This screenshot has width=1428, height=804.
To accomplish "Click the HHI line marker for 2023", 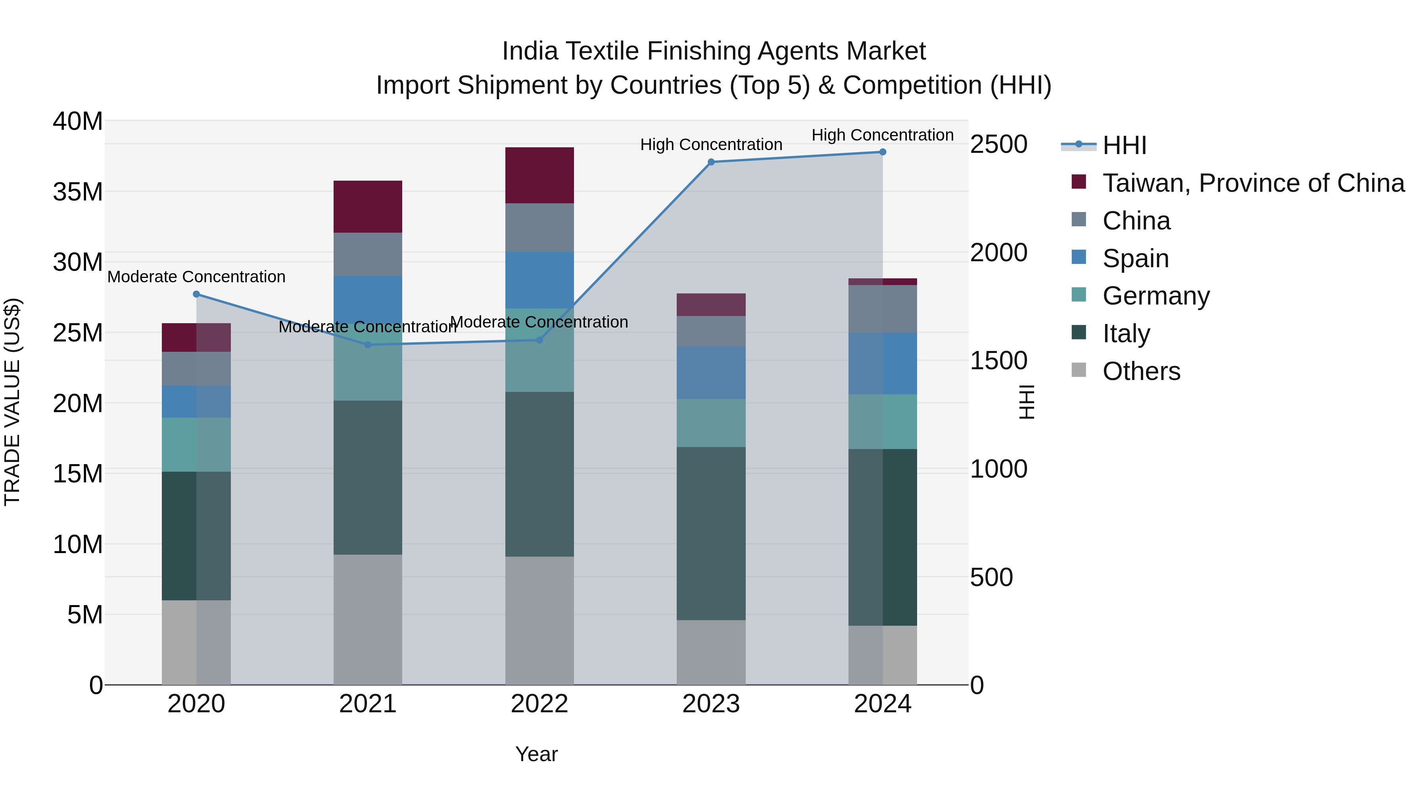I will tap(711, 162).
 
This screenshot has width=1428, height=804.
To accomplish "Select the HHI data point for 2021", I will tap(368, 345).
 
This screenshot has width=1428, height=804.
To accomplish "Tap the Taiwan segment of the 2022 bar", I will tap(539, 175).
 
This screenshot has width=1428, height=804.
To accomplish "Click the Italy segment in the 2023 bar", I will tap(711, 533).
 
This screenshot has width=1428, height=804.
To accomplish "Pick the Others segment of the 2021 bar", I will tap(368, 619).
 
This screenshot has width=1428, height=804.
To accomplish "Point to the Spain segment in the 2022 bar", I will tap(539, 280).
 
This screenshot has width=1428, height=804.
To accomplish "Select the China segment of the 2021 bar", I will tap(368, 254).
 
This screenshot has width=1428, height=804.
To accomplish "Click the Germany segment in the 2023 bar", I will tap(711, 423).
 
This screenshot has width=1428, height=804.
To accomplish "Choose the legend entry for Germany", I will tap(1156, 296).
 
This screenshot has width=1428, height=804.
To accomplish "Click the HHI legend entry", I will tap(1124, 145).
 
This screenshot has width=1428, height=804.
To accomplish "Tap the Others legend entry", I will tap(1141, 371).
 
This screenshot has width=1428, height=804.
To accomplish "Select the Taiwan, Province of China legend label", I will tap(1253, 183).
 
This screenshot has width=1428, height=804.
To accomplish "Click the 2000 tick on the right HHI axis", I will tap(998, 253).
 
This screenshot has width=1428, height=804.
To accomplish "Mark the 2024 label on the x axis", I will tap(883, 704).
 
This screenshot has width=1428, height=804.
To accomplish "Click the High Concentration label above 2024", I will tap(883, 135).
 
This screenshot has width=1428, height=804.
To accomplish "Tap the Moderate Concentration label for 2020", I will tap(196, 276).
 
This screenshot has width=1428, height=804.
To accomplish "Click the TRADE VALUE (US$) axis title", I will tap(12, 402).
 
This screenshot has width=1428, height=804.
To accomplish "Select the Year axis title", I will tap(536, 754).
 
